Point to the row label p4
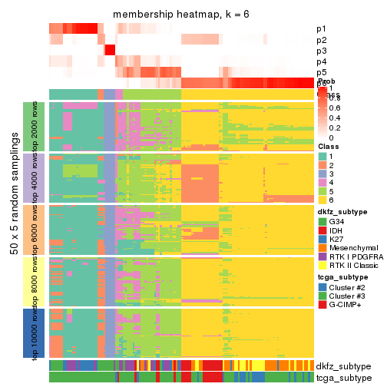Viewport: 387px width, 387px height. (322, 61)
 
